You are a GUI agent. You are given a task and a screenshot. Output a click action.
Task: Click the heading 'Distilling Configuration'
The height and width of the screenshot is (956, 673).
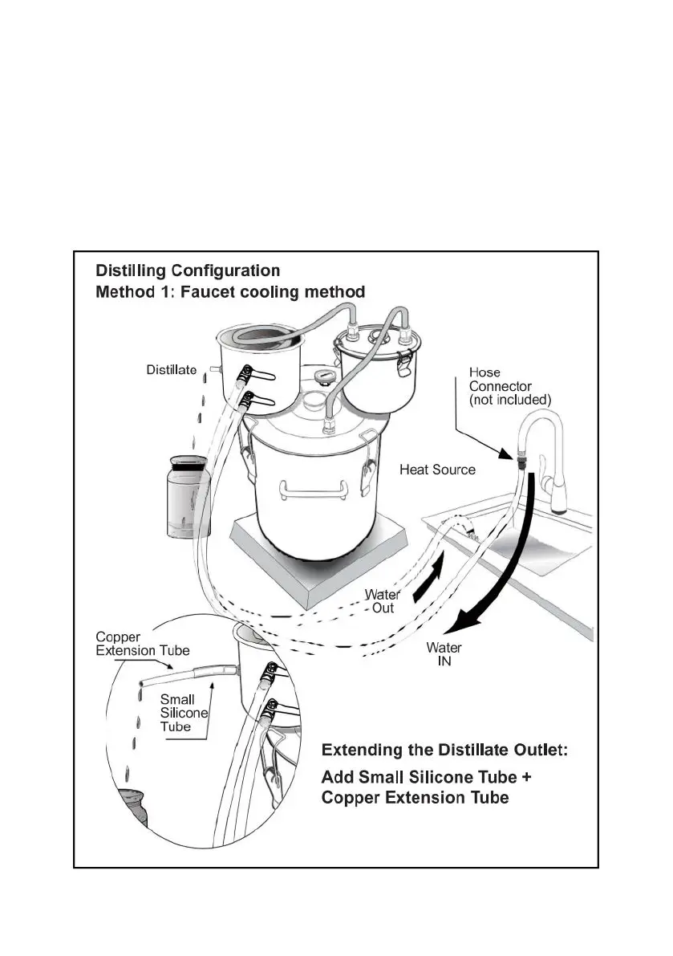coord(188,270)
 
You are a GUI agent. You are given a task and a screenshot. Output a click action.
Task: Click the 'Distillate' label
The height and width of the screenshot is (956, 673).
coord(171,370)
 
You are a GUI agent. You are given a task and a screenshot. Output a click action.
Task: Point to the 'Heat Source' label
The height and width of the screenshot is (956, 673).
coord(437,470)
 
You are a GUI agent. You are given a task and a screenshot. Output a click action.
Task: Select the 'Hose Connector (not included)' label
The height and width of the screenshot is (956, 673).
coord(509,385)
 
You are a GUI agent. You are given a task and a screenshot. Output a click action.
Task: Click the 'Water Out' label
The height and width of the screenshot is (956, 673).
coord(383,601)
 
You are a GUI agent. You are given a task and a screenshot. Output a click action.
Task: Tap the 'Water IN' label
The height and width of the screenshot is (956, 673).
coord(444,655)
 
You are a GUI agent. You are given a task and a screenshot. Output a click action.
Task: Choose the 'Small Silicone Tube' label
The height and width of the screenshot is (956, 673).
coord(184,713)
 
